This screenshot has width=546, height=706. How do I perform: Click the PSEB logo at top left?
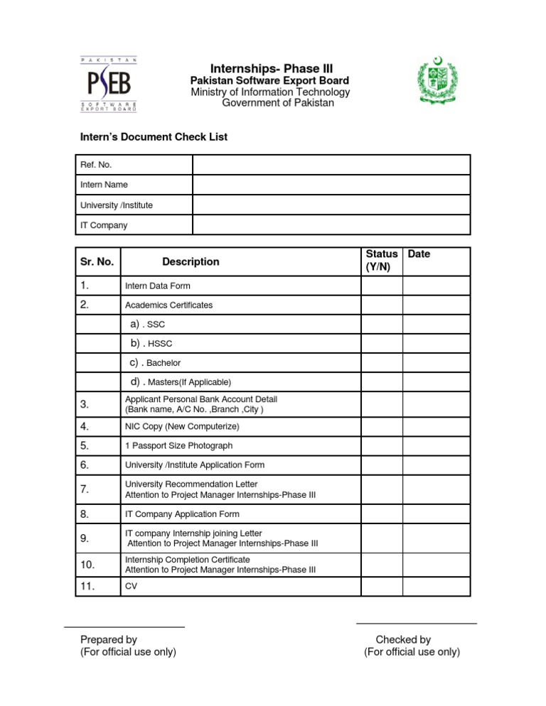pos(108,85)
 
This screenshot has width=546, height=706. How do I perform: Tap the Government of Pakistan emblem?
pos(437,83)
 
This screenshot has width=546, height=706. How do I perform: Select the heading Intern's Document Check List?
pos(154,137)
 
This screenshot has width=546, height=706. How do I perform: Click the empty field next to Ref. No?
pos(331,165)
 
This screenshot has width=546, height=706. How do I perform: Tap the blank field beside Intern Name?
pos(331,185)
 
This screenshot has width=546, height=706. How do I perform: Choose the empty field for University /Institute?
pos(331,205)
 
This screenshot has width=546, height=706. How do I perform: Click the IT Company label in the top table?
pos(104,225)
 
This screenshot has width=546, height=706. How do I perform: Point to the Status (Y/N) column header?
pos(382,261)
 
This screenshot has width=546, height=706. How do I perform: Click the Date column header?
pos(419,254)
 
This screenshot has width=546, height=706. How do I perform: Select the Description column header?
pos(191,261)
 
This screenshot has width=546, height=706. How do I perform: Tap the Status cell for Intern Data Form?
pos(382,286)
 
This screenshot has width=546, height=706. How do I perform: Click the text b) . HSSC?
pos(151,344)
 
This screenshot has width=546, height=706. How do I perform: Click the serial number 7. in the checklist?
pos(85,489)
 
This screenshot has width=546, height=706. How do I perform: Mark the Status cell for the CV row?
pos(382,587)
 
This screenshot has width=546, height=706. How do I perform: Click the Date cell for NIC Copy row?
pos(436,427)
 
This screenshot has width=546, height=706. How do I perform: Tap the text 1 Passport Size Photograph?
pos(178,446)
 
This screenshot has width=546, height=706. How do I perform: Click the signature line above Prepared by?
pos(124,627)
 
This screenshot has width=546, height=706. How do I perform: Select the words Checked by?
pos(403,640)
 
